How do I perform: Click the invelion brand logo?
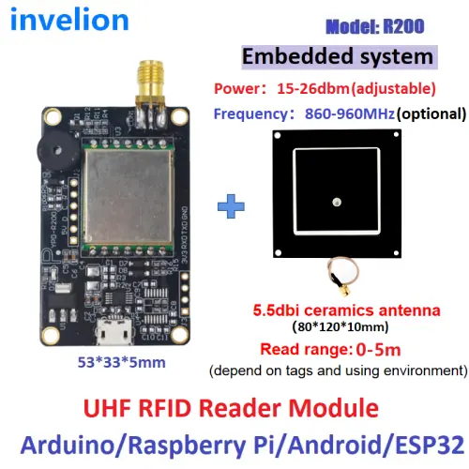(x=69, y=20)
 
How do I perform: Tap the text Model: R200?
(x=375, y=26)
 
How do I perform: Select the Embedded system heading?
(x=338, y=57)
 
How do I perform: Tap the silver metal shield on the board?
(x=128, y=197)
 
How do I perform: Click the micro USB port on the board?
(x=114, y=331)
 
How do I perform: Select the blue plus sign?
(x=231, y=206)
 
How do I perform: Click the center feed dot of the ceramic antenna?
(x=337, y=203)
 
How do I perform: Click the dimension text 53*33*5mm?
(x=122, y=362)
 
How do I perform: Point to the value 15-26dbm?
(x=313, y=88)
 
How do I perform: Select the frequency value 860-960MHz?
(x=350, y=113)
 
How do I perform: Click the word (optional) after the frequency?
(x=431, y=113)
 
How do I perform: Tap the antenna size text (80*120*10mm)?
(x=340, y=327)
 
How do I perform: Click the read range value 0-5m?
(x=378, y=349)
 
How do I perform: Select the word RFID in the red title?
(x=164, y=408)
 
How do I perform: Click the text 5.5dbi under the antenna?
(x=276, y=310)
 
